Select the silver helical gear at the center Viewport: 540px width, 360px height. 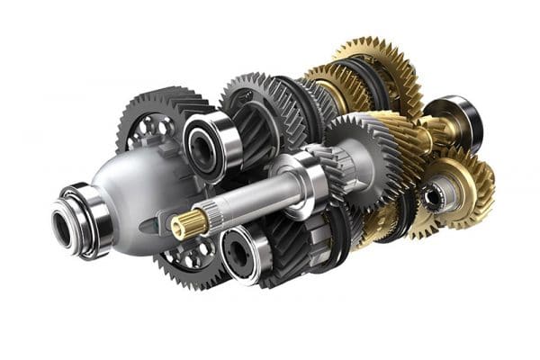tap(355, 162)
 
